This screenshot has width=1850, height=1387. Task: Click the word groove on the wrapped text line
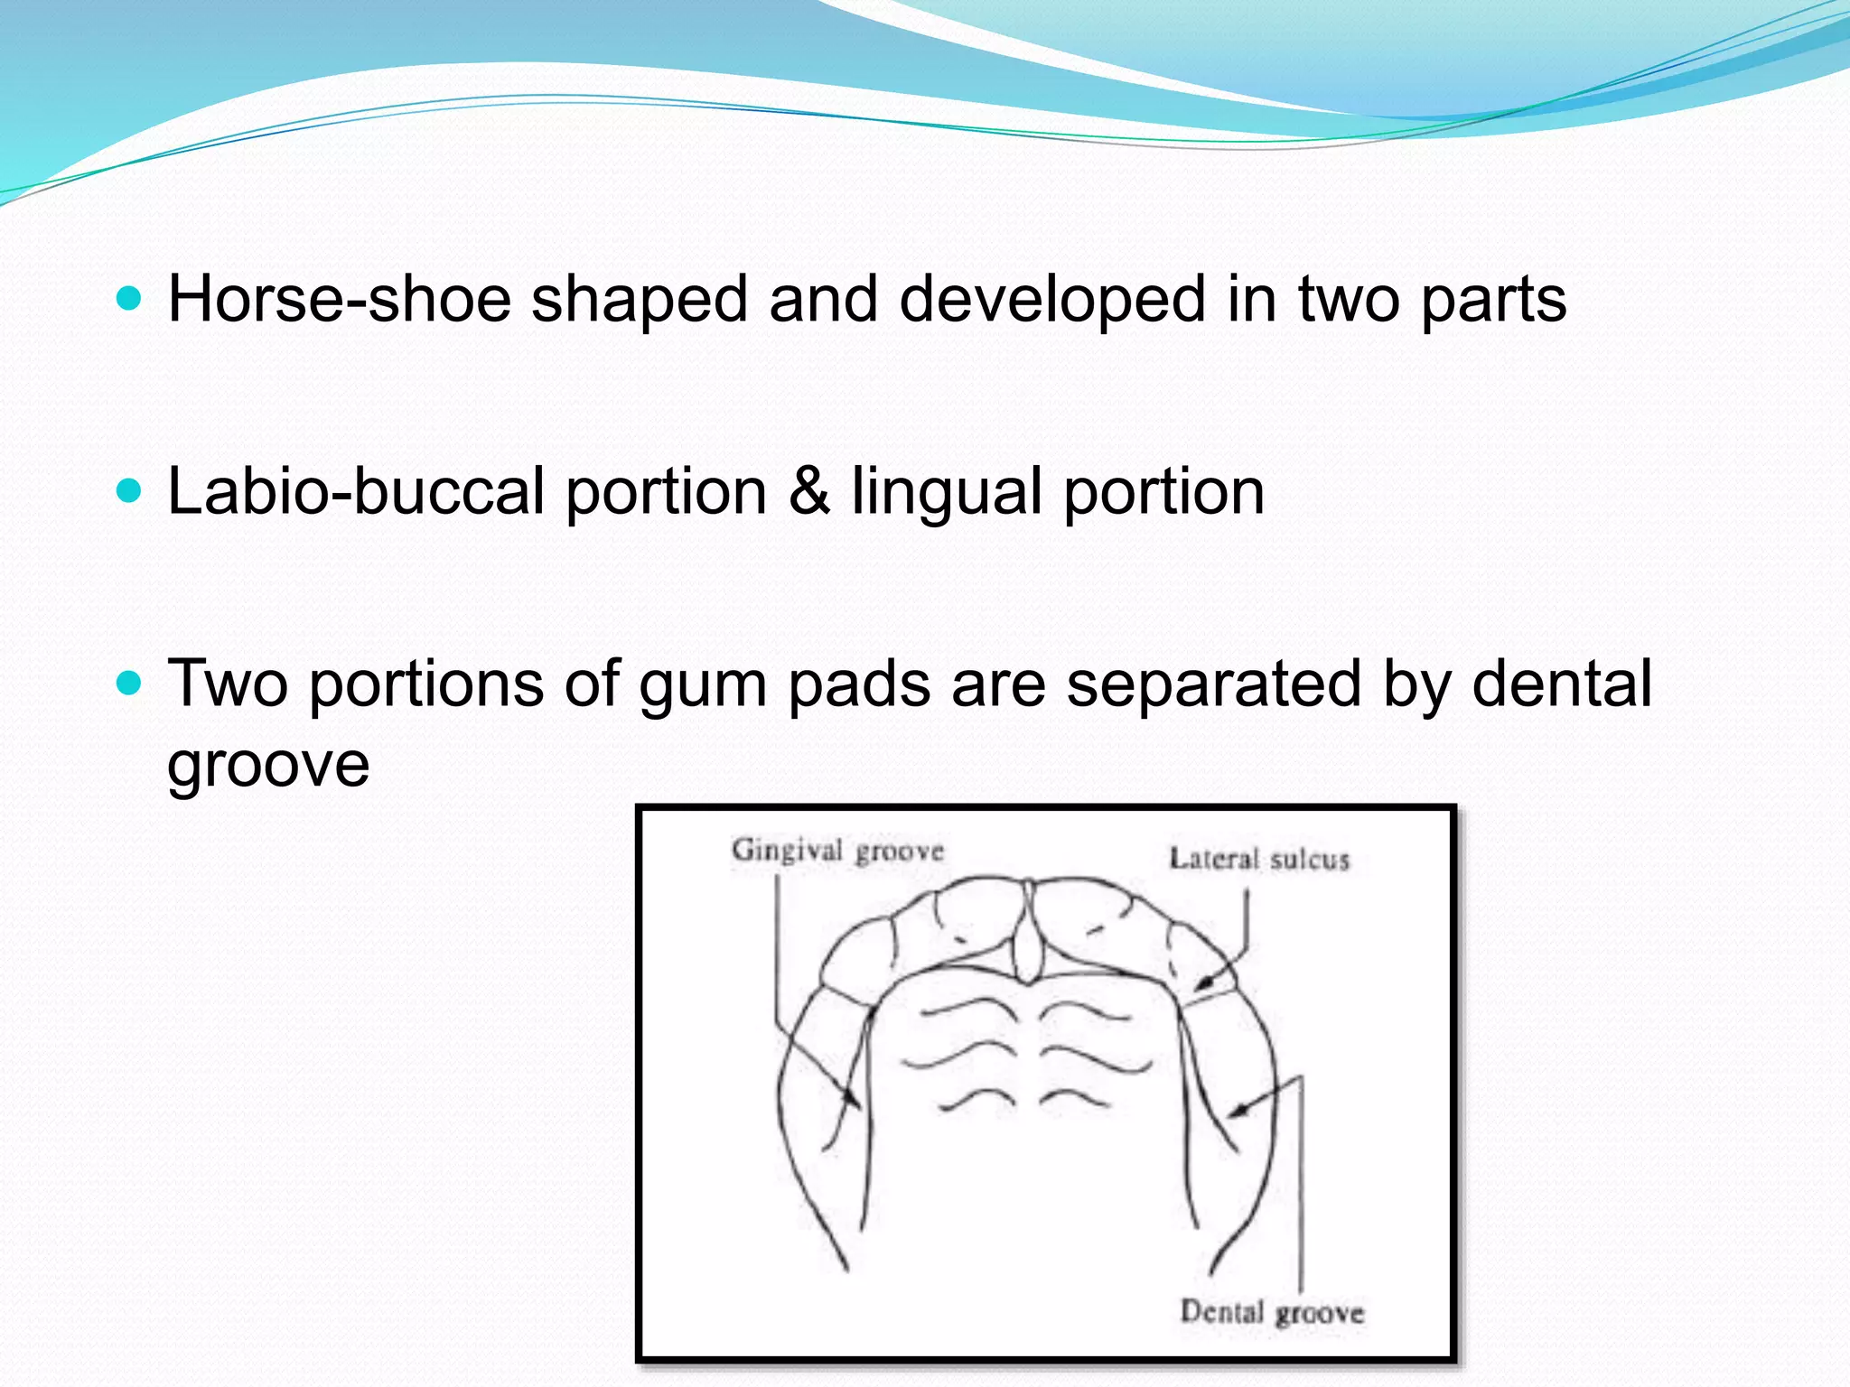coord(268,766)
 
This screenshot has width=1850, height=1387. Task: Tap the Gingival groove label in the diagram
coord(837,851)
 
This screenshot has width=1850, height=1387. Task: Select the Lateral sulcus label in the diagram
coord(1259,859)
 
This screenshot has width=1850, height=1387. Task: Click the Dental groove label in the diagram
coord(1272,1311)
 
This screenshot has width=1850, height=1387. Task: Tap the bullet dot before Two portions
coord(130,684)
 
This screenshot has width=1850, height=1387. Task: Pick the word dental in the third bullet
coord(1562,684)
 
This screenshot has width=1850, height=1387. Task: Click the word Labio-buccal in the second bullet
coord(356,492)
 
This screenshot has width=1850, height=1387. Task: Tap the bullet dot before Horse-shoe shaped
coord(130,299)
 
